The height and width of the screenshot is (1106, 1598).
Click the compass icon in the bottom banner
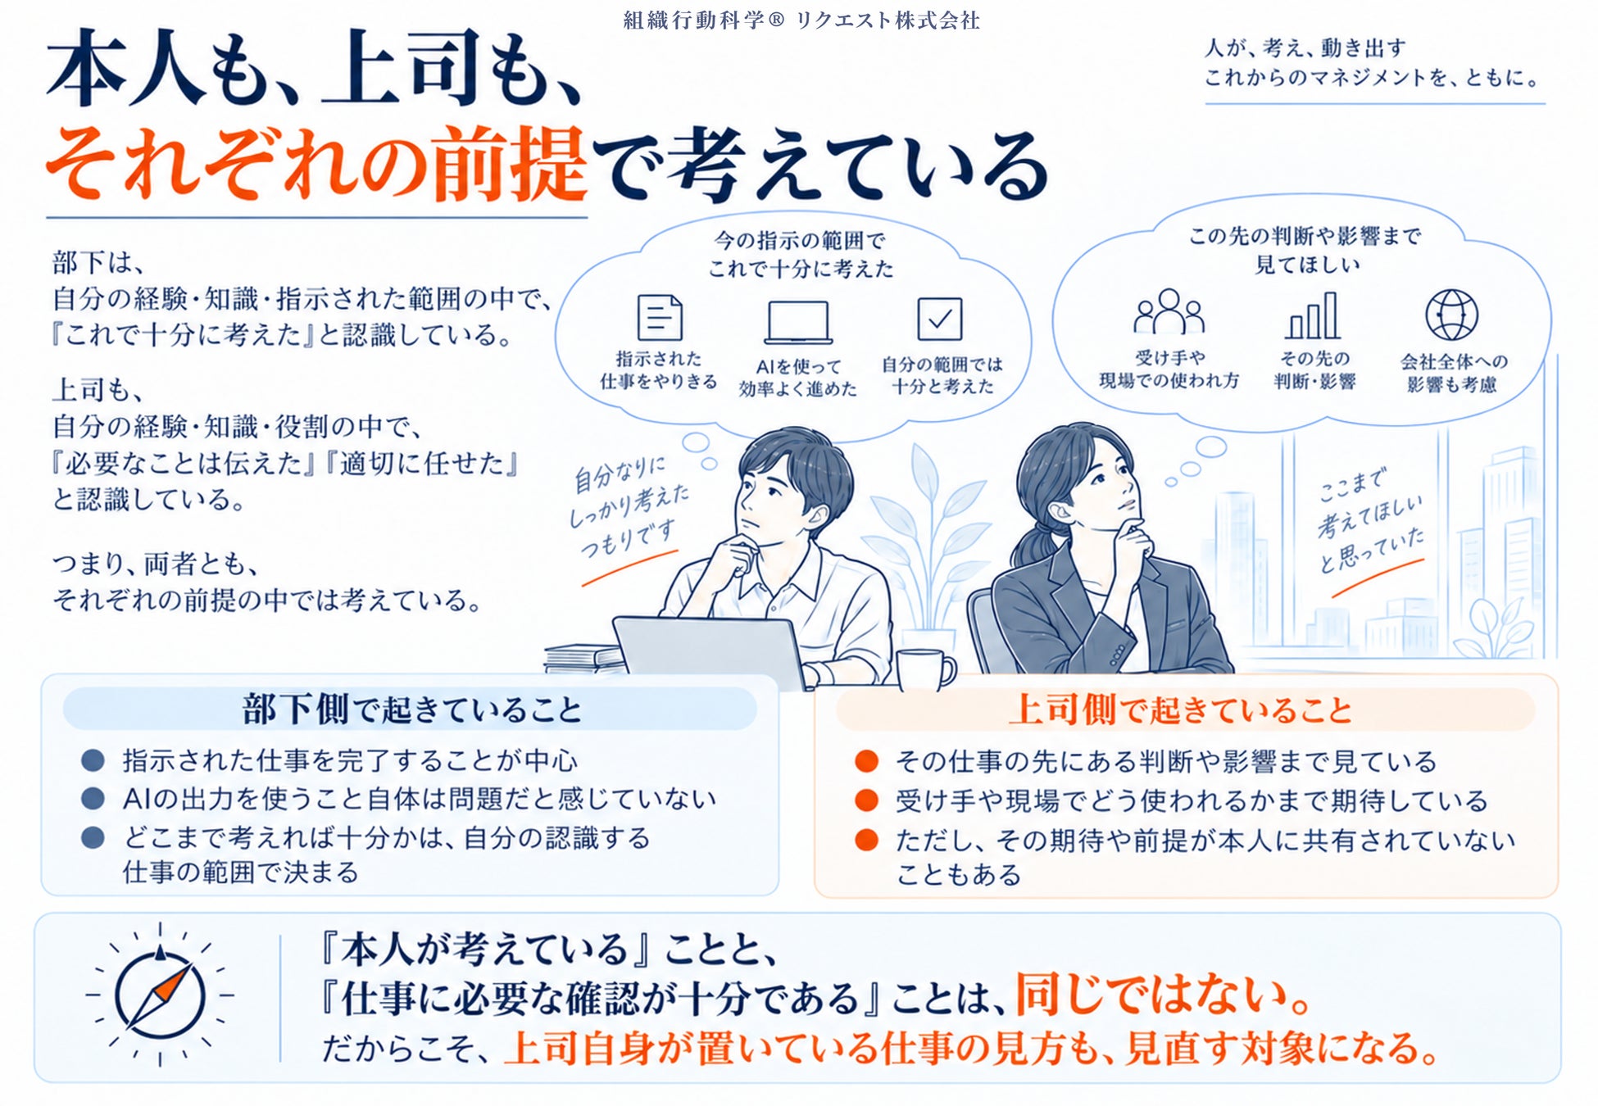pyautogui.click(x=160, y=995)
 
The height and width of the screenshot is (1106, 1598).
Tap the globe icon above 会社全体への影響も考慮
pyautogui.click(x=1451, y=315)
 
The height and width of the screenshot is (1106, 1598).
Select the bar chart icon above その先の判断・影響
pyautogui.click(x=1313, y=315)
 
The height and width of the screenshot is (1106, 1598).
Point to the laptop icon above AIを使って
pyautogui.click(x=798, y=323)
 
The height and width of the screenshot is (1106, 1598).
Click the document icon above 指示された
pyautogui.click(x=660, y=317)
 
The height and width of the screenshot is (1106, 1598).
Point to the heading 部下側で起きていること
pyautogui.click(x=411, y=709)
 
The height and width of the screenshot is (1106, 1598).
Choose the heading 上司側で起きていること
pyautogui.click(x=1180, y=709)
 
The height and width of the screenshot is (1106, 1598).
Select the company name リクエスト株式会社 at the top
pyautogui.click(x=888, y=20)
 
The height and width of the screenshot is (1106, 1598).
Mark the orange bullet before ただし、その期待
pyautogui.click(x=866, y=840)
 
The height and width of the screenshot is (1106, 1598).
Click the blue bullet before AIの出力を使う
pyautogui.click(x=93, y=798)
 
